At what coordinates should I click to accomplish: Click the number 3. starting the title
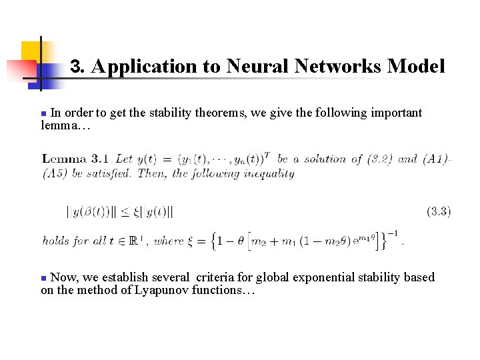pos(78,67)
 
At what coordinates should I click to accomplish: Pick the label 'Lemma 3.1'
pos(75,159)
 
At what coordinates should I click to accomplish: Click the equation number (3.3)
pos(439,211)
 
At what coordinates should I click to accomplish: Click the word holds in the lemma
pos(55,241)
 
